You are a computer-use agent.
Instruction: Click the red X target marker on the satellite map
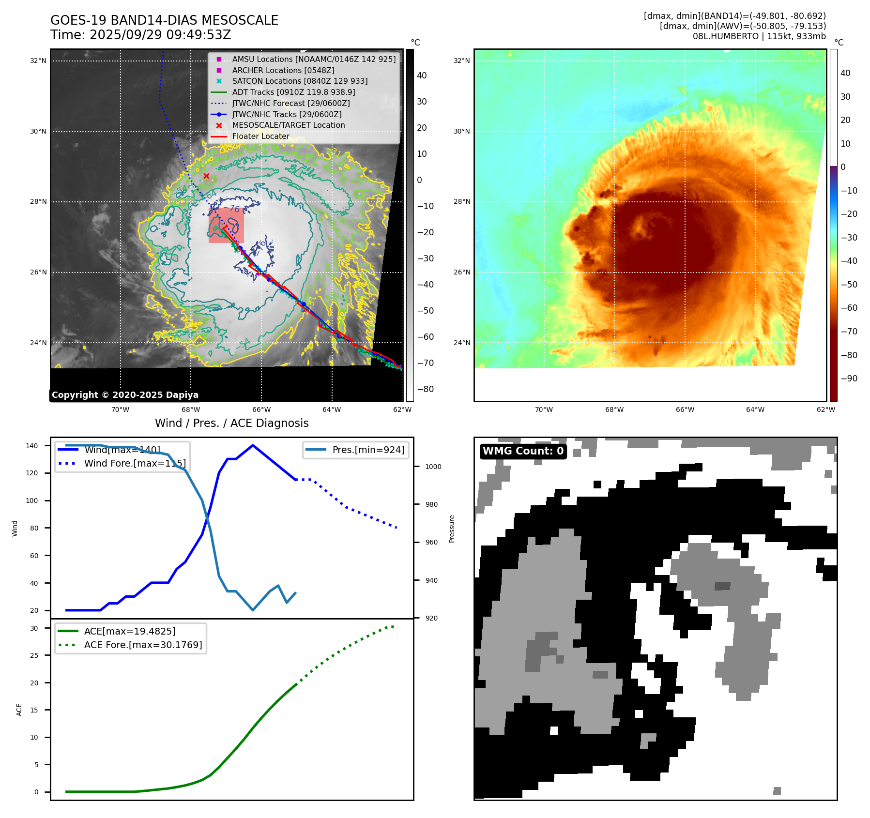tap(206, 176)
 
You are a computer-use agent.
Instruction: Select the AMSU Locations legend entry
tap(314, 59)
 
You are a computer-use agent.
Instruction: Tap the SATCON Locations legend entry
tap(300, 81)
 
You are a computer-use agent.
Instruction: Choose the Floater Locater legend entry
tap(260, 136)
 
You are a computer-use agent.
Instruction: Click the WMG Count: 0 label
tap(523, 451)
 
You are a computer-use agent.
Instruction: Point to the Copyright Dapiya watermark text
tap(125, 394)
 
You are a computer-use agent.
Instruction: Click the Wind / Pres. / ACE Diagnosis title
tap(231, 423)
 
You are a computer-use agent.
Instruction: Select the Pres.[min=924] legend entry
tap(368, 450)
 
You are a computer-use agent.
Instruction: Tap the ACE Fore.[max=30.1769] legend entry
tap(143, 645)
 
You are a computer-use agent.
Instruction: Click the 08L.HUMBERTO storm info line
tap(759, 36)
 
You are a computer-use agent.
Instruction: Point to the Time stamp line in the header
tap(140, 35)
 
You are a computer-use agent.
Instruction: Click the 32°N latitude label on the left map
tap(38, 61)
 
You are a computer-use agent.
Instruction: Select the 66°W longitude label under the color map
tap(685, 409)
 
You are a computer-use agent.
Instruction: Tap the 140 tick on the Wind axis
tap(32, 446)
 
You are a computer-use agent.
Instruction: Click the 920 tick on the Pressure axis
tap(431, 618)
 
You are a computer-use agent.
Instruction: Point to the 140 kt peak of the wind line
tap(253, 445)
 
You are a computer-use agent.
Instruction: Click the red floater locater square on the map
tap(226, 226)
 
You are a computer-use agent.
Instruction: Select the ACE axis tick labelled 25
tap(34, 655)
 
